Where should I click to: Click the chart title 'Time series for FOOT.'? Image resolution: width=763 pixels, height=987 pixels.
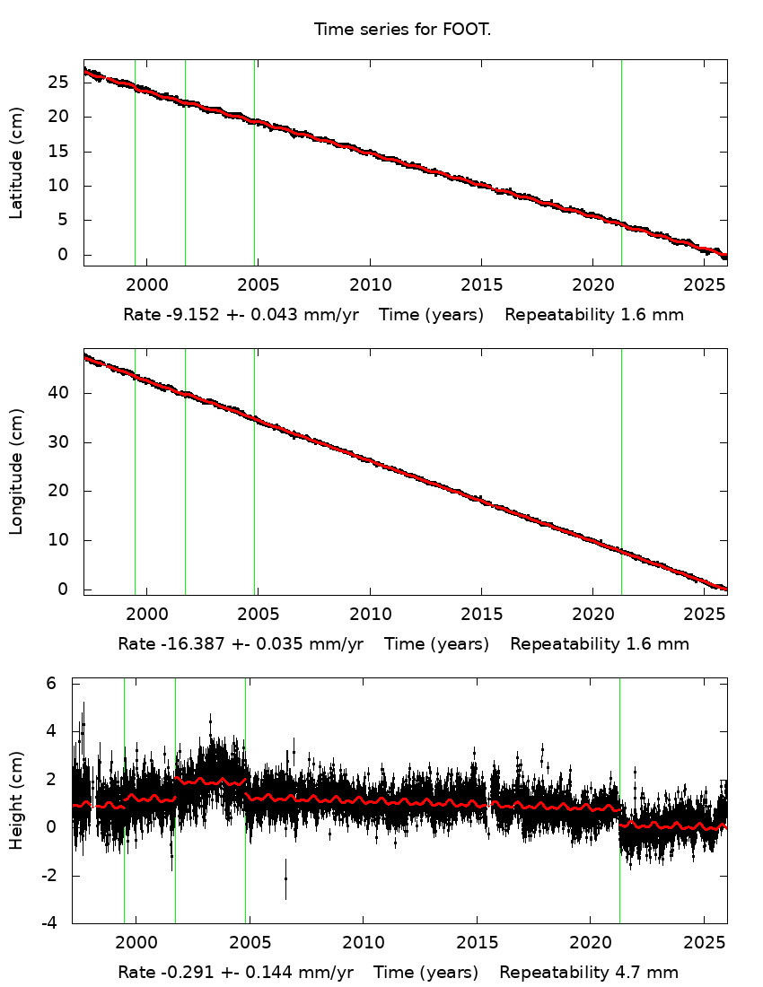[402, 30]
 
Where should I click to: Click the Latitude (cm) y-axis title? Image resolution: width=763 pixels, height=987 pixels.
[16, 162]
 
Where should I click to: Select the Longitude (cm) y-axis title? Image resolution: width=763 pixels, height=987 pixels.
[16, 472]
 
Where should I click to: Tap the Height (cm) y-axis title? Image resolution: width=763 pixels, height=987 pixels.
[16, 801]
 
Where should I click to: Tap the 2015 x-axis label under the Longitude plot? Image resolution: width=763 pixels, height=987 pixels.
[481, 615]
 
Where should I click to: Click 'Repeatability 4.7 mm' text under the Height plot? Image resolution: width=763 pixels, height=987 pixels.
[589, 973]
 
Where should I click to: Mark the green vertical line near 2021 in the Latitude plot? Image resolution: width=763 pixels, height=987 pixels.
[621, 162]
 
